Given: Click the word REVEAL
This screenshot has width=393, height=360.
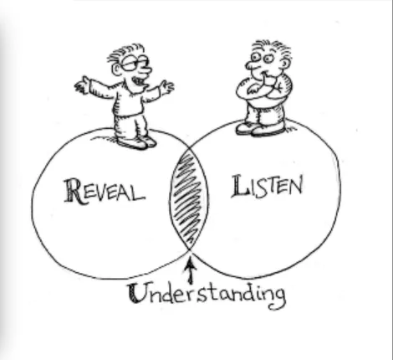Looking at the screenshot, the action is [105, 192].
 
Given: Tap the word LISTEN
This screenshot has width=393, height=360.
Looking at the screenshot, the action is [267, 186].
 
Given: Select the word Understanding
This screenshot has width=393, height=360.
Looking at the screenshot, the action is [207, 296].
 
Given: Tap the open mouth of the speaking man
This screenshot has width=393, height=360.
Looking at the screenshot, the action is [139, 81].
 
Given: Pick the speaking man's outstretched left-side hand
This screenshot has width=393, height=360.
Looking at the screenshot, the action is [83, 84].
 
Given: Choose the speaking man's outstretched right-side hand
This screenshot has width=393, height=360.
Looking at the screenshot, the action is [167, 87].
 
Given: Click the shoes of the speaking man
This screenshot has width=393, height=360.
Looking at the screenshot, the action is [136, 142].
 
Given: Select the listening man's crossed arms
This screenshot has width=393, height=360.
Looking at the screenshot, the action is [263, 88].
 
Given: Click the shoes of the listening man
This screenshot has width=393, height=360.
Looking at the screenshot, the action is [260, 129].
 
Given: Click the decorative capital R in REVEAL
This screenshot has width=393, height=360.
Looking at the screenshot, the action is [73, 191].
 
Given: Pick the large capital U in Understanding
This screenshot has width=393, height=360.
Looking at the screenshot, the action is [137, 293].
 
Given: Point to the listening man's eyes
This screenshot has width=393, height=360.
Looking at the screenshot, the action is [262, 58].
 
